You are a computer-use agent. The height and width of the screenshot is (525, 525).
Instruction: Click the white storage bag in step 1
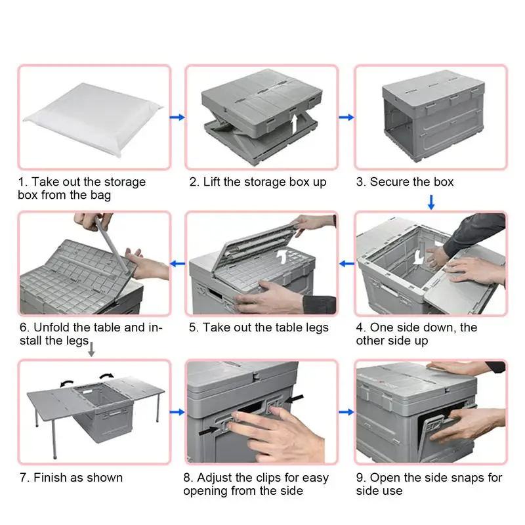tap(94, 118)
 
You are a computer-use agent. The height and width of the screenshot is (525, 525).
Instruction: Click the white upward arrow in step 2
tap(294, 124)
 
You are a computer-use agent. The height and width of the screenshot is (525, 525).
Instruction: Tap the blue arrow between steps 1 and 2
tap(177, 117)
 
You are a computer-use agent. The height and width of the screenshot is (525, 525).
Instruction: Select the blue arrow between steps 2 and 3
tap(346, 117)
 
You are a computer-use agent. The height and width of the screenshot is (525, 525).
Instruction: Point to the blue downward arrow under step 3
tap(431, 202)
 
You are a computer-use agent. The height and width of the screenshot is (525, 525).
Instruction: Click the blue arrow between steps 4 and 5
tap(346, 264)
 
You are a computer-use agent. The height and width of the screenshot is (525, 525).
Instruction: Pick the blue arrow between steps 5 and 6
tap(177, 264)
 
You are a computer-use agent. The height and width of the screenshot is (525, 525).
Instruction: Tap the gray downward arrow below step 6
tap(91, 349)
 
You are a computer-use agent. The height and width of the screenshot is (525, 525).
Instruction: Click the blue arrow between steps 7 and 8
tap(177, 412)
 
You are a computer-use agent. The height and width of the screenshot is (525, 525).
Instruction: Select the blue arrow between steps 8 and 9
tap(346, 412)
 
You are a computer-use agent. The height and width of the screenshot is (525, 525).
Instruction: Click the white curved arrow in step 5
tap(282, 257)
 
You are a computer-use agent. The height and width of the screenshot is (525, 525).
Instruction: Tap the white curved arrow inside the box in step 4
tap(418, 257)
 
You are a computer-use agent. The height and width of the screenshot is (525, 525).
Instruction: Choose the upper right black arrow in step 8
tap(294, 398)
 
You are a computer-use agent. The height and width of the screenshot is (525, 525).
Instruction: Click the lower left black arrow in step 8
tap(209, 431)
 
